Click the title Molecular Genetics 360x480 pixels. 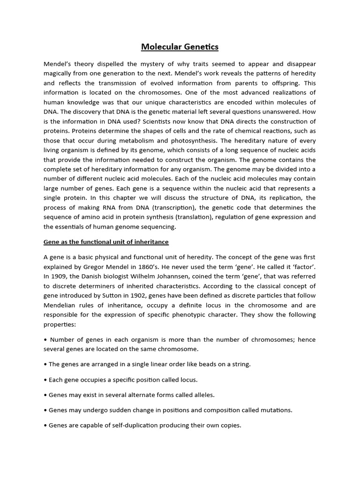[x=180, y=47]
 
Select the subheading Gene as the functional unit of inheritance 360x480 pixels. [x=106, y=242]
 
